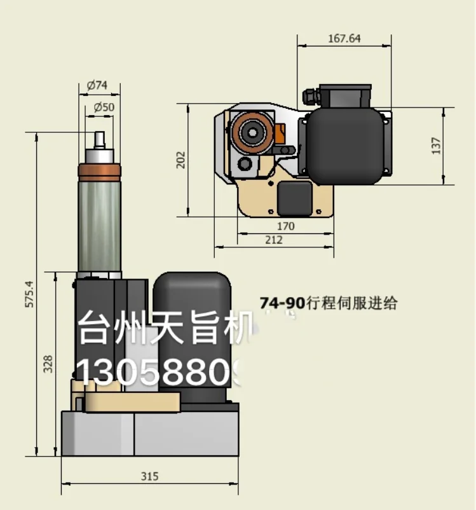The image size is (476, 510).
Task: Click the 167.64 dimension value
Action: pos(344,38)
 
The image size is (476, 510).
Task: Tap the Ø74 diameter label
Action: pos(98,85)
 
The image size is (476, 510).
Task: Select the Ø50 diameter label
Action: pos(104,107)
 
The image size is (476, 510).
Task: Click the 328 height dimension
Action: pos(48,363)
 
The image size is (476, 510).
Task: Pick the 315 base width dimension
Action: pos(149,476)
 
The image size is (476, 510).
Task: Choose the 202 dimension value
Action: pos(180,160)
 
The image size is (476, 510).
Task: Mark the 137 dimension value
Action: pos(436,146)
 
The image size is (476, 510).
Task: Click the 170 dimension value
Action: pos(285,226)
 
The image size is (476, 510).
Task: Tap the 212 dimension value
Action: pos(275,240)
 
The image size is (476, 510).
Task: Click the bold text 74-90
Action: pos(282,303)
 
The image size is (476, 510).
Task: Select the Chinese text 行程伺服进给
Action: pos(351,303)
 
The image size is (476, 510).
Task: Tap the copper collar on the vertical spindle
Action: pos(99,172)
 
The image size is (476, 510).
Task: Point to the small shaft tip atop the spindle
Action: pos(100,139)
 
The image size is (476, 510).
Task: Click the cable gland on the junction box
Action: pos(309,96)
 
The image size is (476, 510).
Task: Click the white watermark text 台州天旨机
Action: pos(165,330)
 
